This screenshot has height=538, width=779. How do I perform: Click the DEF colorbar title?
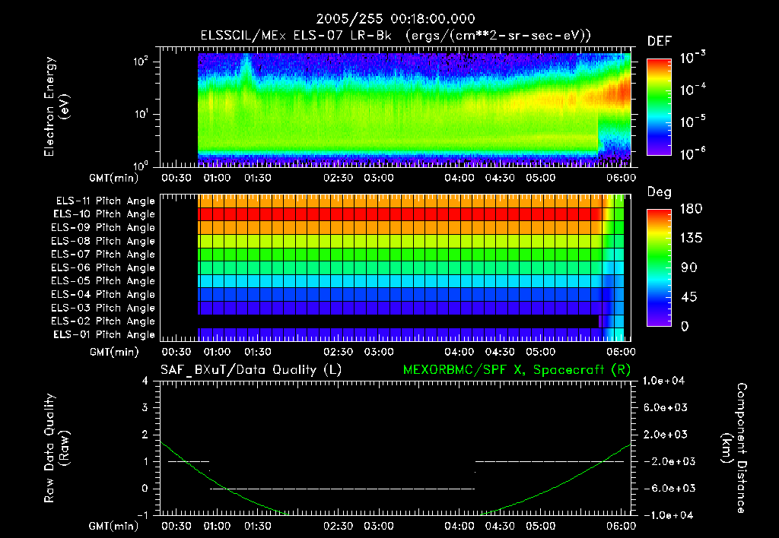point(658,41)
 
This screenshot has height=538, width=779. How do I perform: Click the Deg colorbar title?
point(658,192)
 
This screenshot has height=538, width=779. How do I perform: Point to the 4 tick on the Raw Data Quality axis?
point(147,381)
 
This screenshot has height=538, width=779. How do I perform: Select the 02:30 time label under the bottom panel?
point(339,526)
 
